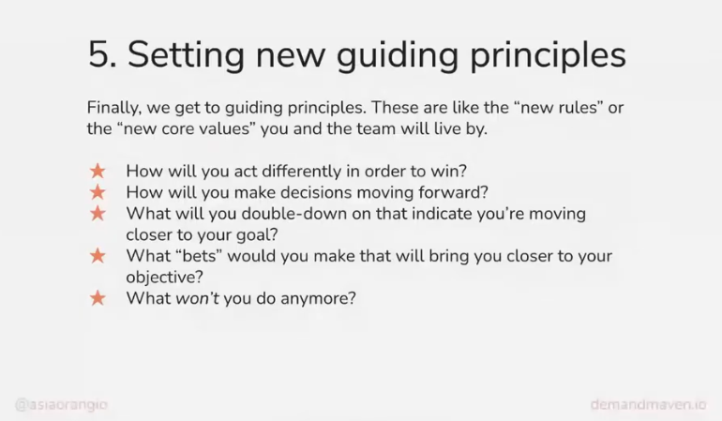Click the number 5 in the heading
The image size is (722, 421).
pos(98,54)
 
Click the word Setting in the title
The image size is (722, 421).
pos(186,54)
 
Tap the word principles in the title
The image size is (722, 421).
pos(548,54)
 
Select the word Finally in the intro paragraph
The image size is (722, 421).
pos(113,108)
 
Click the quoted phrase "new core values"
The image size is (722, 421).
pos(187,128)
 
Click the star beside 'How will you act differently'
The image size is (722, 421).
pos(98,171)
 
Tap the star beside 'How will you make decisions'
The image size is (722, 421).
pos(98,192)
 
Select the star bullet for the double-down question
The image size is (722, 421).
pos(98,213)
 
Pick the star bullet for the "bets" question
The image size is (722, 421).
pos(98,256)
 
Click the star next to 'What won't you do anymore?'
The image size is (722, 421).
pos(98,298)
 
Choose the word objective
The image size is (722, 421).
pos(164,278)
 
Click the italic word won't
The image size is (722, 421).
pos(198,298)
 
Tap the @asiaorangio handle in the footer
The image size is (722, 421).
pos(61,405)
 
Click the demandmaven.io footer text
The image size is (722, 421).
pos(648,405)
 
